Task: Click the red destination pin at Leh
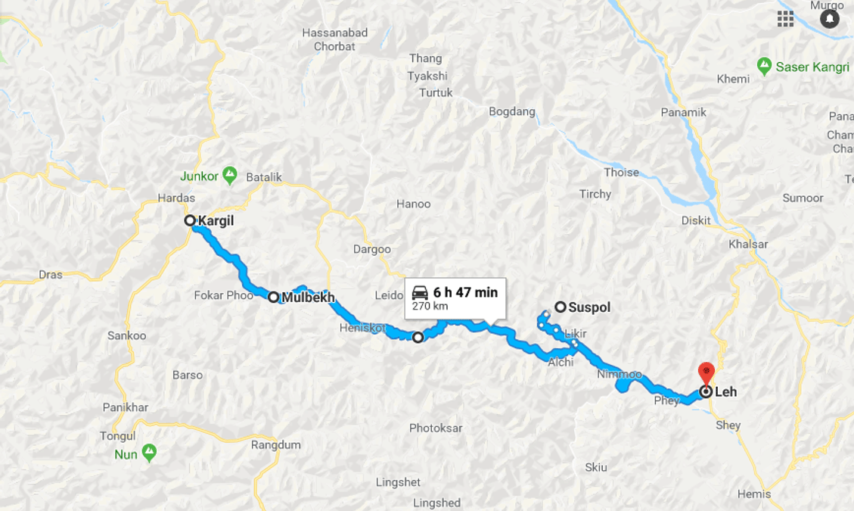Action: point(706,372)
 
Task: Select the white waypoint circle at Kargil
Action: point(191,221)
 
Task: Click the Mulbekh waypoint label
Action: point(308,298)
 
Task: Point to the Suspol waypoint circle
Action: point(561,307)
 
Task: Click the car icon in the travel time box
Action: point(421,293)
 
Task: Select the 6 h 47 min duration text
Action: point(466,293)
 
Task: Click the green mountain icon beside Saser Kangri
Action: point(764,67)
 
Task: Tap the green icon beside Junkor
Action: point(230,176)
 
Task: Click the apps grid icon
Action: point(785,19)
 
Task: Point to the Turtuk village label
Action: point(436,93)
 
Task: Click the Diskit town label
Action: point(695,221)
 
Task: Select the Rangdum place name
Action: point(276,445)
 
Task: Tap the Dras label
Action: point(51,275)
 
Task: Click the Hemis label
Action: point(754,494)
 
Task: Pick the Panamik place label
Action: point(683,112)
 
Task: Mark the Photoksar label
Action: point(436,428)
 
